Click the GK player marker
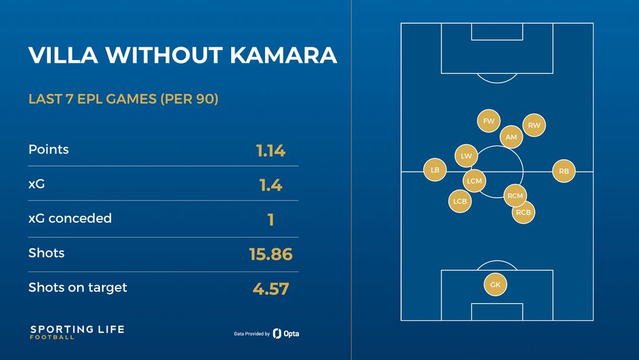tap(496, 285)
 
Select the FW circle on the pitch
tap(488, 121)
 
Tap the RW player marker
tap(534, 125)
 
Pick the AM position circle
tap(511, 137)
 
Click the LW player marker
tap(466, 156)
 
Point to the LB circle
tap(435, 171)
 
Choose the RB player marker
tap(564, 172)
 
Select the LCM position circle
tap(475, 181)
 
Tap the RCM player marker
tap(515, 196)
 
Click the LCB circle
tap(460, 201)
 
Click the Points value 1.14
tap(270, 150)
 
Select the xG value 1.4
tap(270, 185)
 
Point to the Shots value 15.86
tap(270, 254)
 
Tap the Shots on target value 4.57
tap(270, 289)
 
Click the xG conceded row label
tap(70, 219)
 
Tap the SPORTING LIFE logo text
tap(76, 330)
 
